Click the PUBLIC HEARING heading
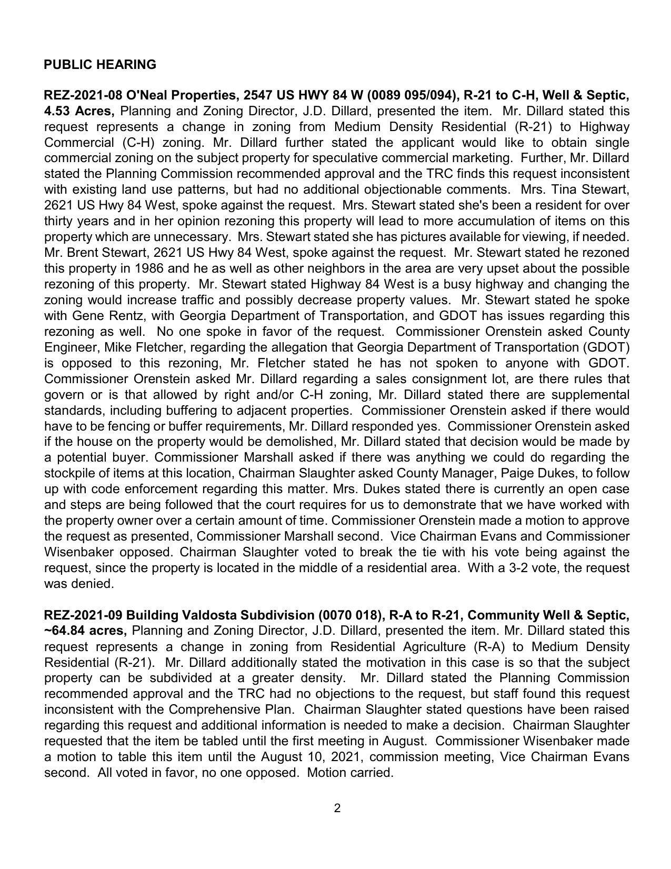point(100,65)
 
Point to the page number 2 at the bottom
point(337,808)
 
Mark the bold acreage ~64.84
point(67,631)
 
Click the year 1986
point(150,268)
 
